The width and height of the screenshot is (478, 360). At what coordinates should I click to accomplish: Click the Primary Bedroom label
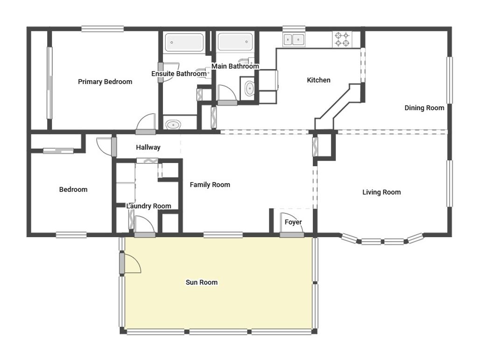point(105,82)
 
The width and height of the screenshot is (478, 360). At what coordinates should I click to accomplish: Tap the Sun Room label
point(202,282)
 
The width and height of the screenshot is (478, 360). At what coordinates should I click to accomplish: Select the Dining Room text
point(424,108)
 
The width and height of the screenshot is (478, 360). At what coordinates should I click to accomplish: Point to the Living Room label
point(381,192)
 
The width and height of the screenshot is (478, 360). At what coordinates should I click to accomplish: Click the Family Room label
point(210,185)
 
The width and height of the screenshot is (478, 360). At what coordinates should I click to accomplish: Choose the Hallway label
point(148,148)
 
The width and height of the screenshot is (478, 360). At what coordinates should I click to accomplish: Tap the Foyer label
point(293,222)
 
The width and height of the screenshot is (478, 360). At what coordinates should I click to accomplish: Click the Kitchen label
point(318,80)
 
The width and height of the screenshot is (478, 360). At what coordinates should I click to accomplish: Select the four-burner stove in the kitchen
point(342,39)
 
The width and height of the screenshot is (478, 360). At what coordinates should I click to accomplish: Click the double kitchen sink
point(294,40)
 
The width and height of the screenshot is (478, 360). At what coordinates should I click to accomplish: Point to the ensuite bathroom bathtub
point(184,42)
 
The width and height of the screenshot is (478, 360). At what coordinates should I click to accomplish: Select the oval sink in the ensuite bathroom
point(174,125)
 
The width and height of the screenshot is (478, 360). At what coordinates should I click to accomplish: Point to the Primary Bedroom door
point(146,123)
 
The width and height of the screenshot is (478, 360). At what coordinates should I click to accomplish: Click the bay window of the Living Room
point(383,241)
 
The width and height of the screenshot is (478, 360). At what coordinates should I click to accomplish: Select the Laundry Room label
point(148,206)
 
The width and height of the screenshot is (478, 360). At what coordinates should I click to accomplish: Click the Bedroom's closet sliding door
point(58,150)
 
